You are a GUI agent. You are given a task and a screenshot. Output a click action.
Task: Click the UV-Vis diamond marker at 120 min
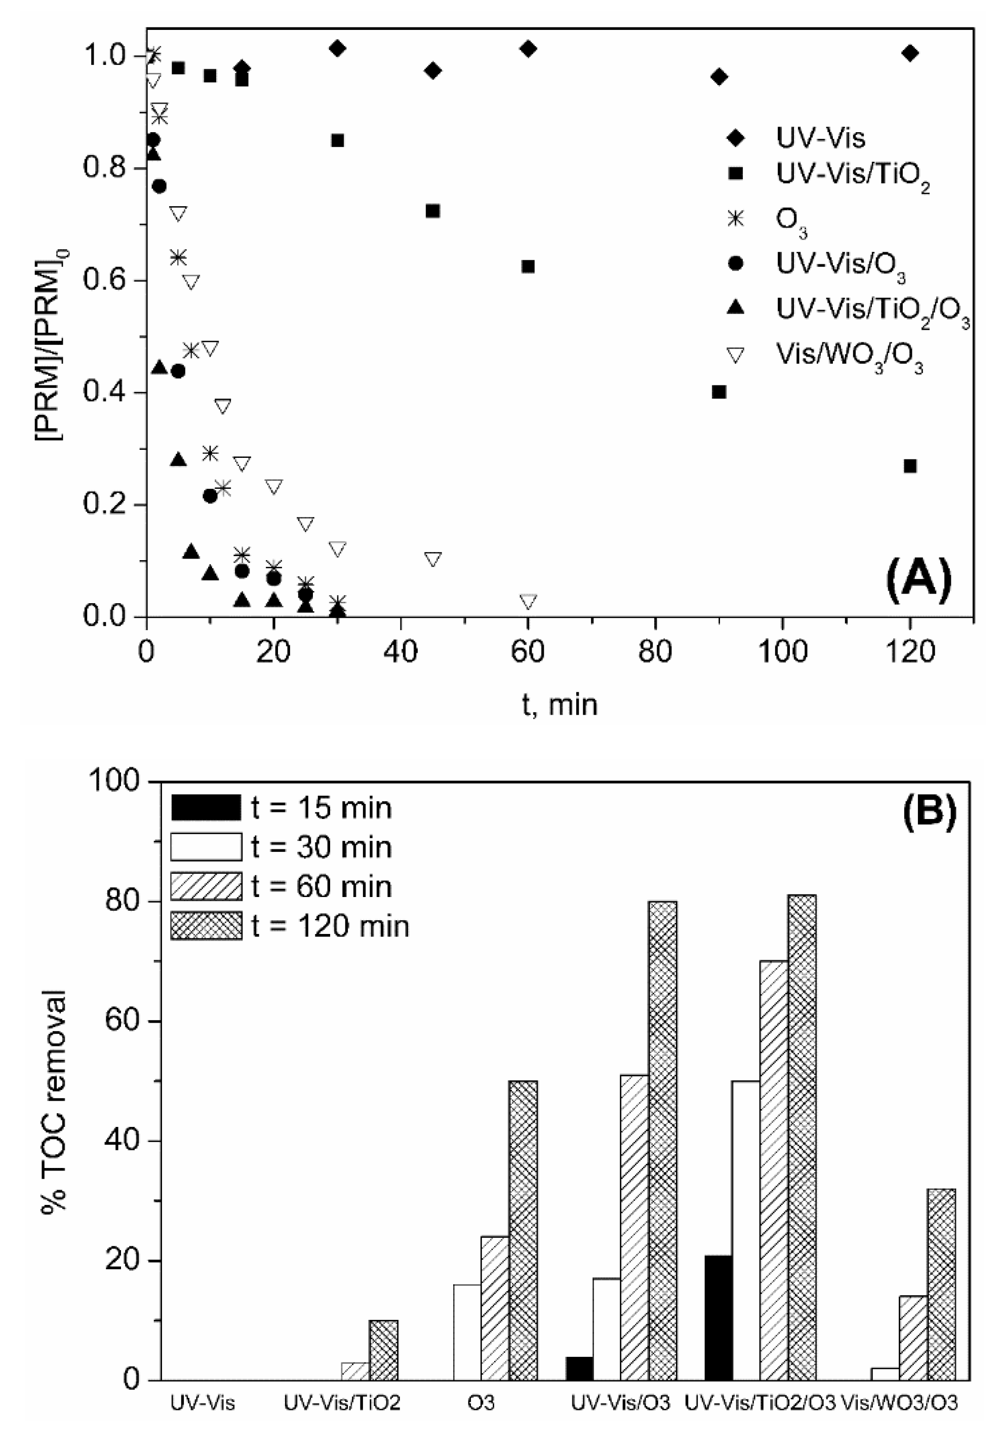click(x=910, y=53)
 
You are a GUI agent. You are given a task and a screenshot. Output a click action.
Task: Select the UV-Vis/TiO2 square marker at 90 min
click(x=719, y=392)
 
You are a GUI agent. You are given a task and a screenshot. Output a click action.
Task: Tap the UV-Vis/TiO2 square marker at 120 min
click(x=910, y=466)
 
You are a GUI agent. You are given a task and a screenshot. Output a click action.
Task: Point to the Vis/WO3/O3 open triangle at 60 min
click(x=528, y=601)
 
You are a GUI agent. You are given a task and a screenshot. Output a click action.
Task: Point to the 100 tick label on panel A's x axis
click(x=782, y=652)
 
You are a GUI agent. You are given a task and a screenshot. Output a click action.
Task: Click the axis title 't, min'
click(x=559, y=705)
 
